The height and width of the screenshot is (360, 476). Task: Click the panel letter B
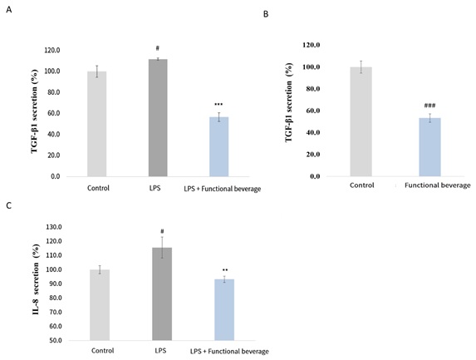pos(265,15)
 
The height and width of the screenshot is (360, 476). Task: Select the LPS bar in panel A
pos(157,117)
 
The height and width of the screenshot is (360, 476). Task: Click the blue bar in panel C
pos(225,309)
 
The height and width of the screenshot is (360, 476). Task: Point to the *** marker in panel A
pos(218,105)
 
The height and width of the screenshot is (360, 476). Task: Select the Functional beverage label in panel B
pos(437,185)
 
